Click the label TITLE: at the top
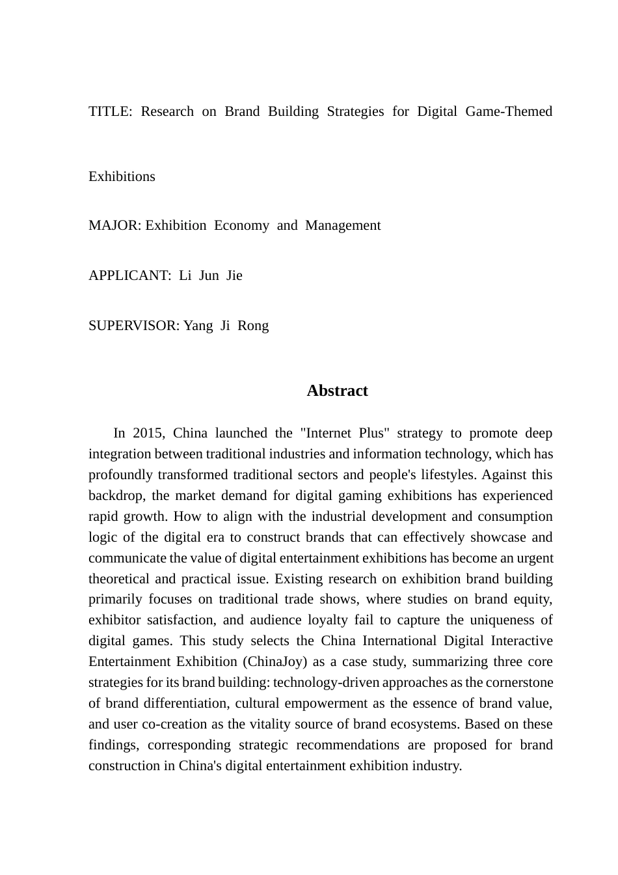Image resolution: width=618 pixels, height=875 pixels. [110, 111]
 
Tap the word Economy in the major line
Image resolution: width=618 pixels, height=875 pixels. [241, 225]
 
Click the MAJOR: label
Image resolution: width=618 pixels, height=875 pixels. [115, 225]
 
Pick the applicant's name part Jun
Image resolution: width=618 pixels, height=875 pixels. [209, 275]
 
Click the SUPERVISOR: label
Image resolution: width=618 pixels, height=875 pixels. [134, 326]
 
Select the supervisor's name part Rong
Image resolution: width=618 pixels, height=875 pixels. [253, 326]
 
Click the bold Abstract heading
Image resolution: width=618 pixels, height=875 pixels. [337, 391]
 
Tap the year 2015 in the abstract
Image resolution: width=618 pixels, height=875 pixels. [149, 433]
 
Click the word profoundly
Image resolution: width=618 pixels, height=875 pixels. [121, 475]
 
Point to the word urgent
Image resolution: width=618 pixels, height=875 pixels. [534, 558]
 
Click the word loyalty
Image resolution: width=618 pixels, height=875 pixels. [326, 620]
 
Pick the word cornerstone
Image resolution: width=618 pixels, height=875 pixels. [518, 682]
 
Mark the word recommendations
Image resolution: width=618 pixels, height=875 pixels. [355, 745]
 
